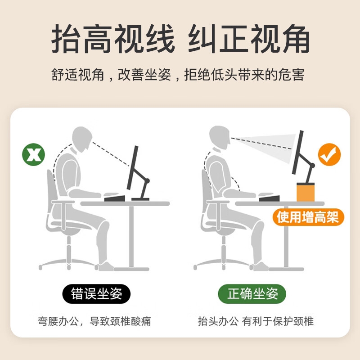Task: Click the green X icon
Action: click(x=33, y=154)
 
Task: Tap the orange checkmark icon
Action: click(x=329, y=154)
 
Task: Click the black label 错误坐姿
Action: click(x=96, y=294)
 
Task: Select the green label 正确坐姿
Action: click(x=252, y=294)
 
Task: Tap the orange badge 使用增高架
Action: click(x=308, y=217)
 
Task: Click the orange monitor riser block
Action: click(x=306, y=192)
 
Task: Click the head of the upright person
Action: click(x=220, y=137)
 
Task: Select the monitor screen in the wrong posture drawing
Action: click(x=133, y=167)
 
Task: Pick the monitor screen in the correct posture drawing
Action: click(x=298, y=153)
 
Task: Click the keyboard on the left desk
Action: click(x=115, y=198)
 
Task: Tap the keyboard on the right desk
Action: click(x=269, y=198)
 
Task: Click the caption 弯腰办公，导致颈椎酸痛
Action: click(x=94, y=321)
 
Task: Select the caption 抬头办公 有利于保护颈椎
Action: click(x=256, y=321)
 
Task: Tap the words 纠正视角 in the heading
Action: click(x=249, y=39)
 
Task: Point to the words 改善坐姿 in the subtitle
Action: click(x=144, y=75)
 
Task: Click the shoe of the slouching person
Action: click(x=105, y=266)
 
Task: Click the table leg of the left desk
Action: click(x=131, y=237)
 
